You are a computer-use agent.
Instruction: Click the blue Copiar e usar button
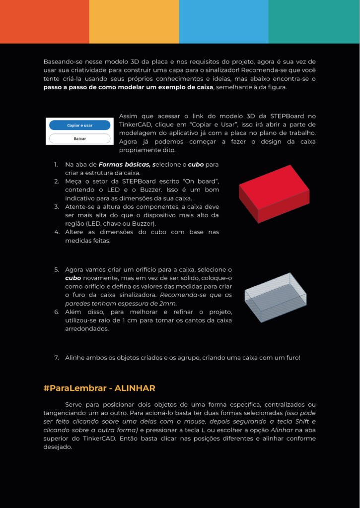tap(79, 126)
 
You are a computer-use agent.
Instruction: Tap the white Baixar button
tap(79, 138)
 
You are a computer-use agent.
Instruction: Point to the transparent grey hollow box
tap(276, 297)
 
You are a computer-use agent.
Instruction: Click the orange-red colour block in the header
tap(45, 21)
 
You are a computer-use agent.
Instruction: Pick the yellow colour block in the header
tap(134, 21)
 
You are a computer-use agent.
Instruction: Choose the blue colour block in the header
tap(223, 21)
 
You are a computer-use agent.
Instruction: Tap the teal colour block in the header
tap(314, 21)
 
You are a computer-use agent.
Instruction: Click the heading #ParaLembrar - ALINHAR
tap(99, 388)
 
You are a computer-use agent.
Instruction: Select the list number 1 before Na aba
tap(56, 164)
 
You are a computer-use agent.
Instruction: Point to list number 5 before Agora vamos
tap(57, 269)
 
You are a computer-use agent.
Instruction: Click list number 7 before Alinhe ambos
tap(57, 357)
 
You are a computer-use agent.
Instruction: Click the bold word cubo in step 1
tap(196, 164)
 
